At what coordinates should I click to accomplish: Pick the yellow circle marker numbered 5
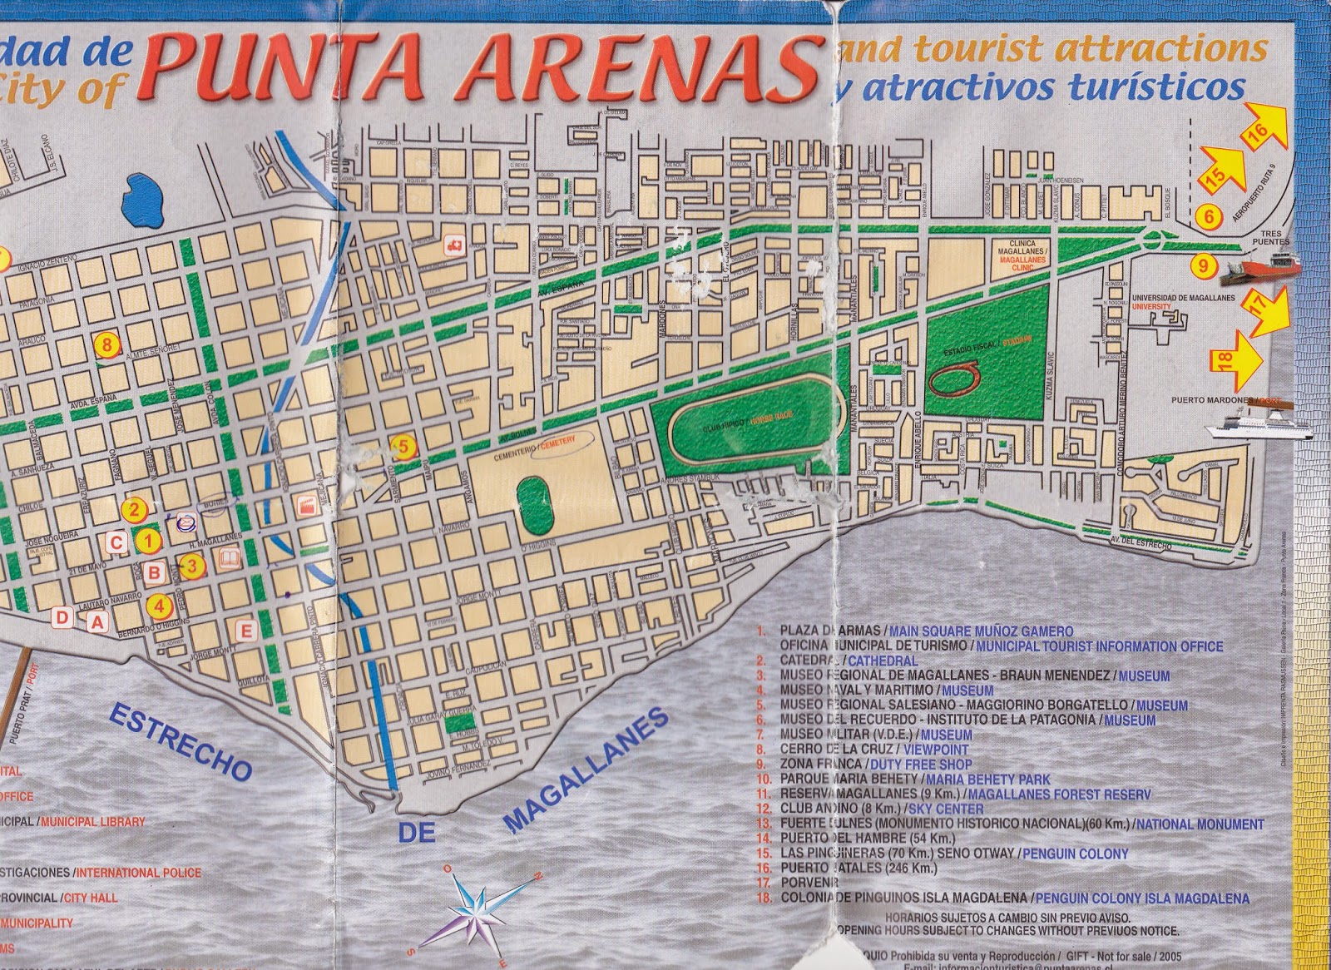[x=403, y=447]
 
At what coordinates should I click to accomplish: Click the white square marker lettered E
[x=245, y=630]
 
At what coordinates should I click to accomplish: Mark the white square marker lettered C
[x=117, y=543]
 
